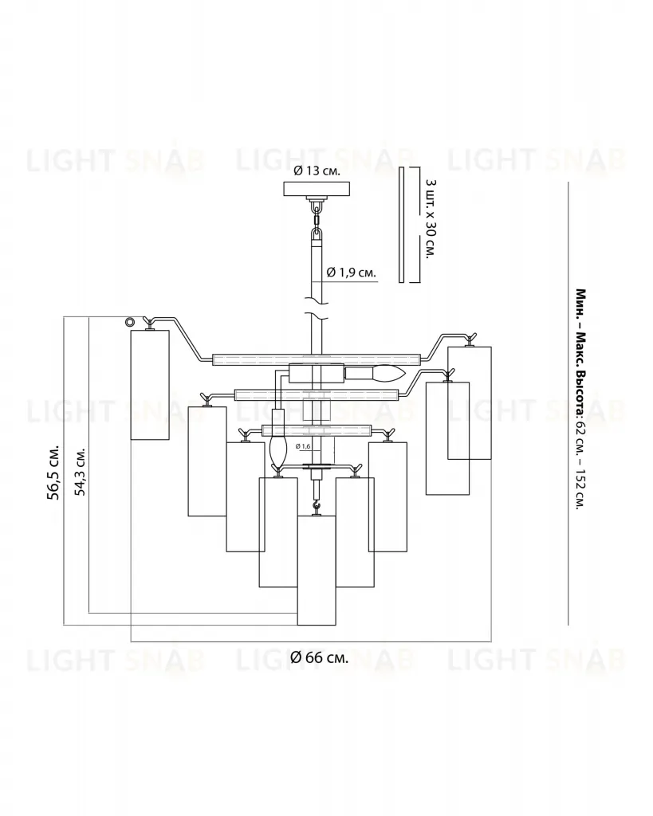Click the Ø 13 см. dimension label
pyautogui.click(x=317, y=171)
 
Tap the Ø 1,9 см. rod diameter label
pyautogui.click(x=351, y=273)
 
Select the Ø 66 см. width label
pyautogui.click(x=319, y=657)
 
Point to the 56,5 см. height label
pyautogui.click(x=53, y=472)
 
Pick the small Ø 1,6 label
pyautogui.click(x=302, y=446)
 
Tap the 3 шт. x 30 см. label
pyautogui.click(x=430, y=220)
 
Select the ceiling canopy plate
pyautogui.click(x=317, y=188)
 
